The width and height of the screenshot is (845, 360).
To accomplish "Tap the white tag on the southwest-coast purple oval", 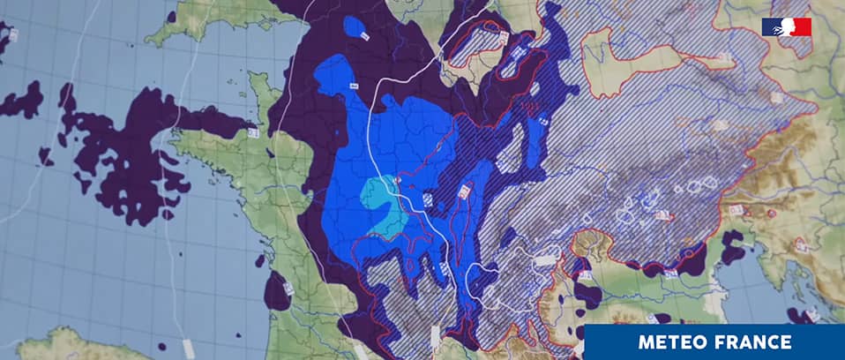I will click(288, 288).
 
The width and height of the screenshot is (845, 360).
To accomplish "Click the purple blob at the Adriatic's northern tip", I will click(731, 248).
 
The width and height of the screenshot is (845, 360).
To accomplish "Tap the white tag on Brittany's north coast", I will click(251, 132).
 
